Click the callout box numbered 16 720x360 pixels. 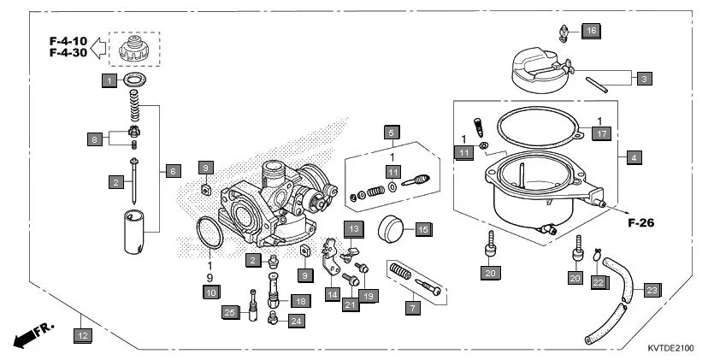(592, 32)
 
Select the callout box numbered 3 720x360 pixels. (644, 78)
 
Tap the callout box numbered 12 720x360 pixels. (81, 336)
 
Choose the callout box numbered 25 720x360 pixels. (228, 312)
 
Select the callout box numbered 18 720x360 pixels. (299, 300)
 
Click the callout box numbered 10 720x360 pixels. (210, 292)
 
